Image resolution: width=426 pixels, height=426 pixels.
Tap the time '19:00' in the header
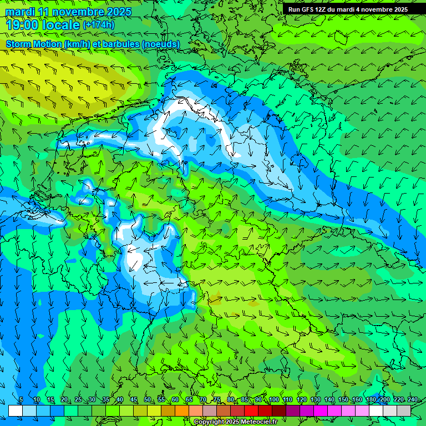click(x=23, y=25)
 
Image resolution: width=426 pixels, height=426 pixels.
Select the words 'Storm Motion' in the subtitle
click(x=34, y=44)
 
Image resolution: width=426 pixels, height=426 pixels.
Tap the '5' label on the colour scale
click(x=21, y=400)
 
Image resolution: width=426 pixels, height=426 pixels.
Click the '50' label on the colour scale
click(x=147, y=400)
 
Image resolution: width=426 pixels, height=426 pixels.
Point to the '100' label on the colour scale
click(x=273, y=400)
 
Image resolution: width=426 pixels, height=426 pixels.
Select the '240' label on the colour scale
click(x=413, y=400)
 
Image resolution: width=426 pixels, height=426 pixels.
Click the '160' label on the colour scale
click(x=357, y=400)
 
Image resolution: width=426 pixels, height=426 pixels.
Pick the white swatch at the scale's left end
click(x=15, y=410)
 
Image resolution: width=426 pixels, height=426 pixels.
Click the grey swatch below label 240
click(x=404, y=410)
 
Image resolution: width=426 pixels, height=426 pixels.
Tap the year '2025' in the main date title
click(x=116, y=12)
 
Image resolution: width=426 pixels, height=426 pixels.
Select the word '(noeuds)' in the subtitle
click(x=161, y=44)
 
